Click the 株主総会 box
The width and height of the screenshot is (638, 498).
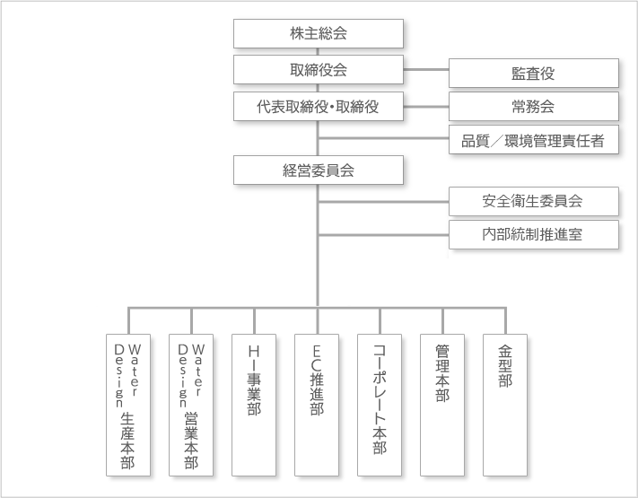[x=319, y=33]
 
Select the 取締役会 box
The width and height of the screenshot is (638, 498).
[x=319, y=70]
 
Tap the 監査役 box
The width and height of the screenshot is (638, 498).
[x=533, y=74]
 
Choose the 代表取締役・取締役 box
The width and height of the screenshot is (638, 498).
[x=319, y=106]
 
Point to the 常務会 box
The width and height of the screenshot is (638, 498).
[x=533, y=107]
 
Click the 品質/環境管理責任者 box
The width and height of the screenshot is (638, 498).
[x=533, y=140]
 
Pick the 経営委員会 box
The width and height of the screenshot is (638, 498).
[x=319, y=170]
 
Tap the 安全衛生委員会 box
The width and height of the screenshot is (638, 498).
[x=533, y=201]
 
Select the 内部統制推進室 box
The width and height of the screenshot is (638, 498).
[x=533, y=235]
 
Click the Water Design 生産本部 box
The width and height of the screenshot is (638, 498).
[x=128, y=406]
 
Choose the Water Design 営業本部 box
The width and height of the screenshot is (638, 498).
[x=191, y=406]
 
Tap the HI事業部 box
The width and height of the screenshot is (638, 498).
[x=254, y=406]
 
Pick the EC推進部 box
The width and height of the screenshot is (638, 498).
[x=317, y=406]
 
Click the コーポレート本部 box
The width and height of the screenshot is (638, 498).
[x=380, y=406]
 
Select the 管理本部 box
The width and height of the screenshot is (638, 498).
[x=442, y=406]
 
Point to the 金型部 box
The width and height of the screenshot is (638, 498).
[x=505, y=406]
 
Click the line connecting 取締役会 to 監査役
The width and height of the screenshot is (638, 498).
[x=426, y=70]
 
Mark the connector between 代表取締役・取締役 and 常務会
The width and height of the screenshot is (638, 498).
[x=426, y=107]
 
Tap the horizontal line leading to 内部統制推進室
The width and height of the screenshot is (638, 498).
[x=383, y=235]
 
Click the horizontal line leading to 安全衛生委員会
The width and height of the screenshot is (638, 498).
[x=383, y=201]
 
